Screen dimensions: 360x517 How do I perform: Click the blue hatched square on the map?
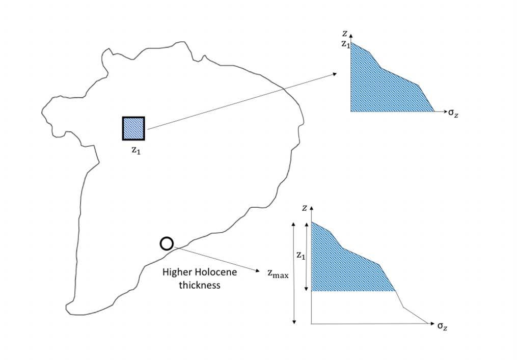133,128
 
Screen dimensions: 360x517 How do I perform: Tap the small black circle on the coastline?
167,244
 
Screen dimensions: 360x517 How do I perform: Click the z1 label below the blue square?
134,151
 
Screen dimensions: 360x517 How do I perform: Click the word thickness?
200,285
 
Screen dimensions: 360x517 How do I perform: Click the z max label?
278,273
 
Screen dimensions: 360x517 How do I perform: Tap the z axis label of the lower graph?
304,207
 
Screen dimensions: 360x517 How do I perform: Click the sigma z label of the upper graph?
453,113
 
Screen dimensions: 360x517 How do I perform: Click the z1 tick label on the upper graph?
345,44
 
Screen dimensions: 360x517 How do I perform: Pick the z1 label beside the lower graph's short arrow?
301,256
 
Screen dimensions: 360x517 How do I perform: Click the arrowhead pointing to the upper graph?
334,74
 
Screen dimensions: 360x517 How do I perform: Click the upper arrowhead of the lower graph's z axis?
311,208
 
